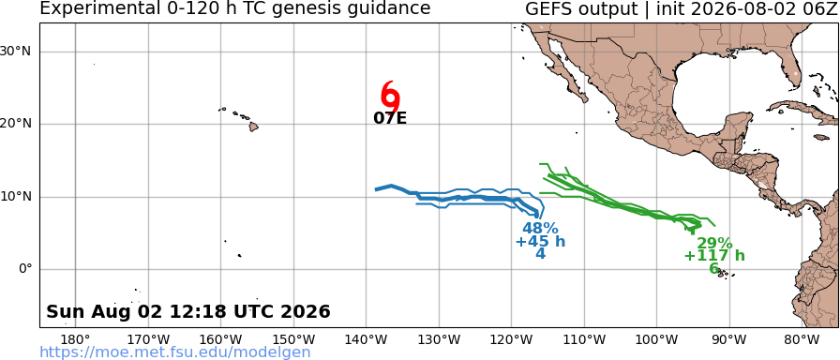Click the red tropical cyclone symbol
391,97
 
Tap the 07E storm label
390,118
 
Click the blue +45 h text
540,242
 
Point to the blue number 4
541,253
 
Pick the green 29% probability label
714,243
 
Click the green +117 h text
714,256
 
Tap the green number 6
714,268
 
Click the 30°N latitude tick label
16,52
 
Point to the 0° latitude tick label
25,269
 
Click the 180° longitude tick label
76,339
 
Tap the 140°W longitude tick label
367,339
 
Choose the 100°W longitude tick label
657,339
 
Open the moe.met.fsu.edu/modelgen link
175,352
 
